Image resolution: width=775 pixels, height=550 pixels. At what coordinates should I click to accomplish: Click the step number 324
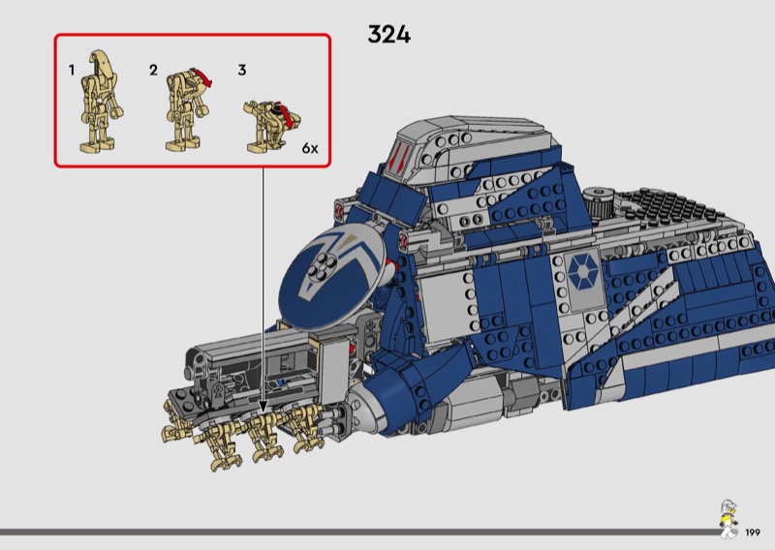[x=389, y=35]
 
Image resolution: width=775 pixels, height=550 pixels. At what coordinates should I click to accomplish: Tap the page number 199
[x=753, y=533]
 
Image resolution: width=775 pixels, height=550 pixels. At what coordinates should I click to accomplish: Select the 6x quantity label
[x=310, y=148]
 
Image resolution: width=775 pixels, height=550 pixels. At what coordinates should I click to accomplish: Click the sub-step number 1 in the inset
[x=72, y=70]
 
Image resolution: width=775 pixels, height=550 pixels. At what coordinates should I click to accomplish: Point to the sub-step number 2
[x=153, y=70]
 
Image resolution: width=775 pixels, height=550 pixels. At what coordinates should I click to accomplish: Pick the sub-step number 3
[x=241, y=70]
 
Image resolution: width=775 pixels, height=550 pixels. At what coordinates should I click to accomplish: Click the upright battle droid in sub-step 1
[x=101, y=101]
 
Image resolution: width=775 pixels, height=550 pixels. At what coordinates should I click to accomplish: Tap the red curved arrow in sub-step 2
[x=203, y=77]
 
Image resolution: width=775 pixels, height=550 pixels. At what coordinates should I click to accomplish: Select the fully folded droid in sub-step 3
[x=271, y=126]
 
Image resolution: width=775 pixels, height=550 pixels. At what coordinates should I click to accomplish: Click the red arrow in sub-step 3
[x=286, y=114]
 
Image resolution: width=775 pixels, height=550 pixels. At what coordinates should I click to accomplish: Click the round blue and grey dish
[x=331, y=276]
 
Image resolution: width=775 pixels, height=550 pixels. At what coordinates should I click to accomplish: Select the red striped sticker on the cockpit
[x=399, y=156]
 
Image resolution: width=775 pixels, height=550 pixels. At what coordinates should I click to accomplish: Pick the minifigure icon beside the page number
[x=728, y=519]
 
